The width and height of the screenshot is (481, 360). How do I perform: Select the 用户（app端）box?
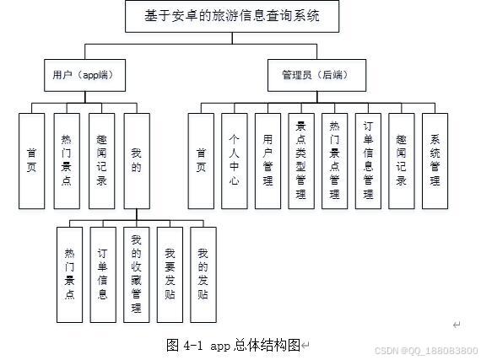(x=78, y=75)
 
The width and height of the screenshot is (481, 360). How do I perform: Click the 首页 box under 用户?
(x=31, y=160)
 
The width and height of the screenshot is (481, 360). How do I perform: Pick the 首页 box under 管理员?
(x=200, y=160)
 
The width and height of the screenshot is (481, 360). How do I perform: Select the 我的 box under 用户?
(x=136, y=160)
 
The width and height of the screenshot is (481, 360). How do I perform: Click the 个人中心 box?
(x=234, y=160)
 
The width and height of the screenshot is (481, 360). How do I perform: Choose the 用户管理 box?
(x=268, y=160)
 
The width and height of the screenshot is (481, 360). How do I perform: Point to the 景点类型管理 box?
(x=300, y=160)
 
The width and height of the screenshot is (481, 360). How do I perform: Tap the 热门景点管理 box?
(x=334, y=160)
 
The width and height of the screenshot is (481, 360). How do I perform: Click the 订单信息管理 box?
(x=368, y=160)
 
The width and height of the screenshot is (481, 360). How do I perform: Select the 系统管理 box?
(x=435, y=160)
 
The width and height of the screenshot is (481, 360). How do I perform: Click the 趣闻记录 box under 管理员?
(x=402, y=160)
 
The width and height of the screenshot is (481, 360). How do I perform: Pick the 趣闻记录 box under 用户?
(x=101, y=160)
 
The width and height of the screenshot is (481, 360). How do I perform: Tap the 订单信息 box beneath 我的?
(x=102, y=274)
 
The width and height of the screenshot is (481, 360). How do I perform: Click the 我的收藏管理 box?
(x=135, y=274)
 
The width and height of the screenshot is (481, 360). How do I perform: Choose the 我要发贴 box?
(x=169, y=274)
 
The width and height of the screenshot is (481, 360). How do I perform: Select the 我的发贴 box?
(x=202, y=274)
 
